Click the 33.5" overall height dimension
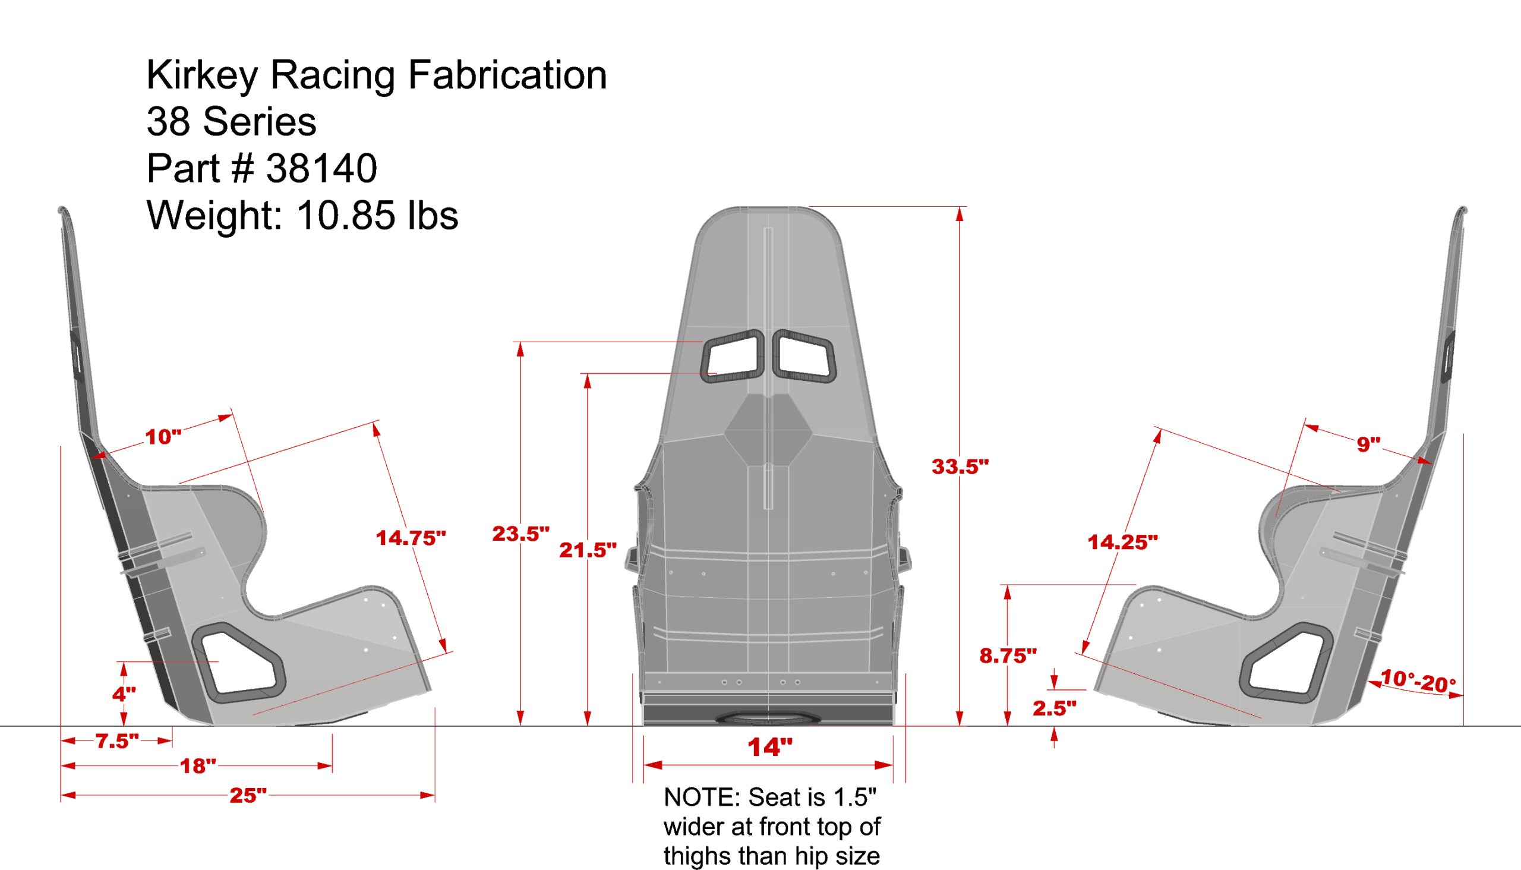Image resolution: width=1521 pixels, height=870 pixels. [960, 466]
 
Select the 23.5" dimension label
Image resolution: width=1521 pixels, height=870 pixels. [520, 534]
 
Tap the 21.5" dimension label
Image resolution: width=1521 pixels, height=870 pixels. [587, 550]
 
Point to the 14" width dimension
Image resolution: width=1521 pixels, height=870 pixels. [769, 748]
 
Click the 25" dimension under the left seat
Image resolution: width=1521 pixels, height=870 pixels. [248, 795]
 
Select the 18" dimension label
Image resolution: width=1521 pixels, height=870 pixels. [198, 766]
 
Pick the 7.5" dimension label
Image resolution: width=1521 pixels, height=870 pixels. [117, 741]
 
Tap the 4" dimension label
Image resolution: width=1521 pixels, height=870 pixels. [124, 694]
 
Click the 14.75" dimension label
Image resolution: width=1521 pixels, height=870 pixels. [411, 538]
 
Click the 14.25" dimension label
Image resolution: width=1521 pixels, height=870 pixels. [1122, 542]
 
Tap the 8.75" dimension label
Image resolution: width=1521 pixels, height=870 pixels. [1008, 655]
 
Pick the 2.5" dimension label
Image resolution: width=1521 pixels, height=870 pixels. [1055, 708]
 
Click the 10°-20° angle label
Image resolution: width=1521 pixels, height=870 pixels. [1418, 682]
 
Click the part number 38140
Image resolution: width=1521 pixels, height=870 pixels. [321, 168]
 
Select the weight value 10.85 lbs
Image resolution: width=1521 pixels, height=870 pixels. [376, 215]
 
